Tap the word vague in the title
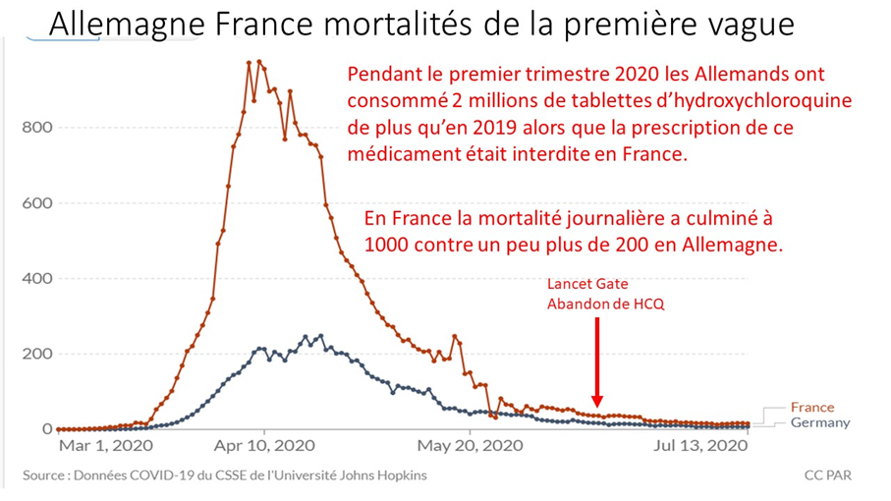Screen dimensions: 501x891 pyautogui.click(x=747, y=24)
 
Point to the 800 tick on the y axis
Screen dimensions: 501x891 pyautogui.click(x=33, y=128)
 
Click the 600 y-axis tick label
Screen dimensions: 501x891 pyautogui.click(x=33, y=203)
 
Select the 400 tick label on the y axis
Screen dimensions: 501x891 pyautogui.click(x=33, y=278)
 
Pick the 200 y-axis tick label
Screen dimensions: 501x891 pyautogui.click(x=33, y=354)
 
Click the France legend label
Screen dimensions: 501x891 pyautogui.click(x=811, y=408)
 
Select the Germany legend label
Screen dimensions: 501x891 pyautogui.click(x=819, y=422)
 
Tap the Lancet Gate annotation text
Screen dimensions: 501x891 pyautogui.click(x=587, y=285)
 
